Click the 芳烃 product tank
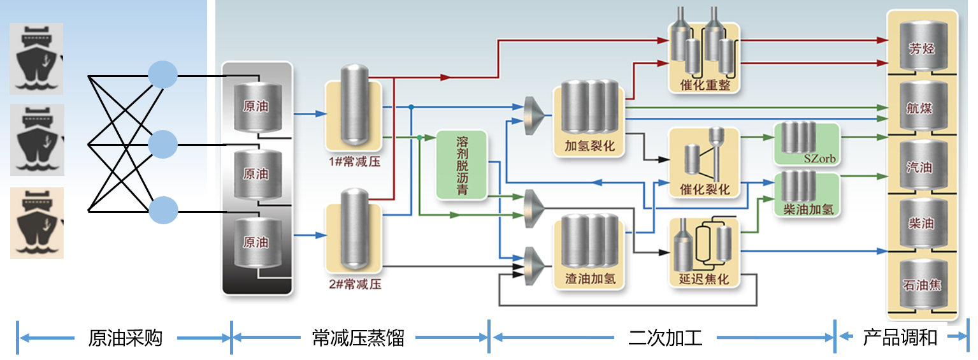click(921, 48)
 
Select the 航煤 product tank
click(921, 108)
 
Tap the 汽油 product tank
click(921, 167)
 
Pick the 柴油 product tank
click(921, 224)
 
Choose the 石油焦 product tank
click(921, 284)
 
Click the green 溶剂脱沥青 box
click(462, 165)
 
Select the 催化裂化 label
click(704, 190)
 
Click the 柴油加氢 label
click(807, 208)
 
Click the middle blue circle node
click(162, 144)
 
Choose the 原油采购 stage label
click(125, 338)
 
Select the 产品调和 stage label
click(900, 338)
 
